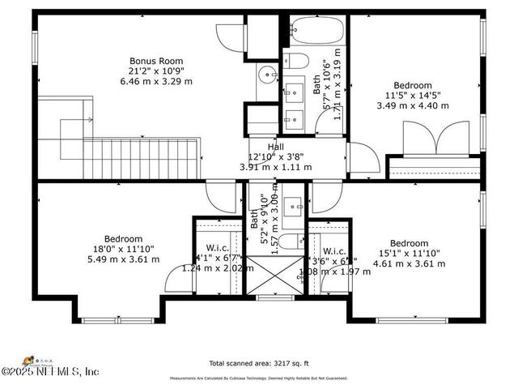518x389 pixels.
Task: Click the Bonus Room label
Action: [x=156, y=61]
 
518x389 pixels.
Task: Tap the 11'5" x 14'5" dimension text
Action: [x=413, y=95]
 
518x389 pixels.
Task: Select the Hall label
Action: [x=276, y=147]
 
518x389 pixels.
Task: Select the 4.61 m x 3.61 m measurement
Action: [x=409, y=263]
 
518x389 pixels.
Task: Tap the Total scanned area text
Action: [x=258, y=364]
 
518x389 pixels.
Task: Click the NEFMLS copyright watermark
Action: [x=50, y=371]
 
